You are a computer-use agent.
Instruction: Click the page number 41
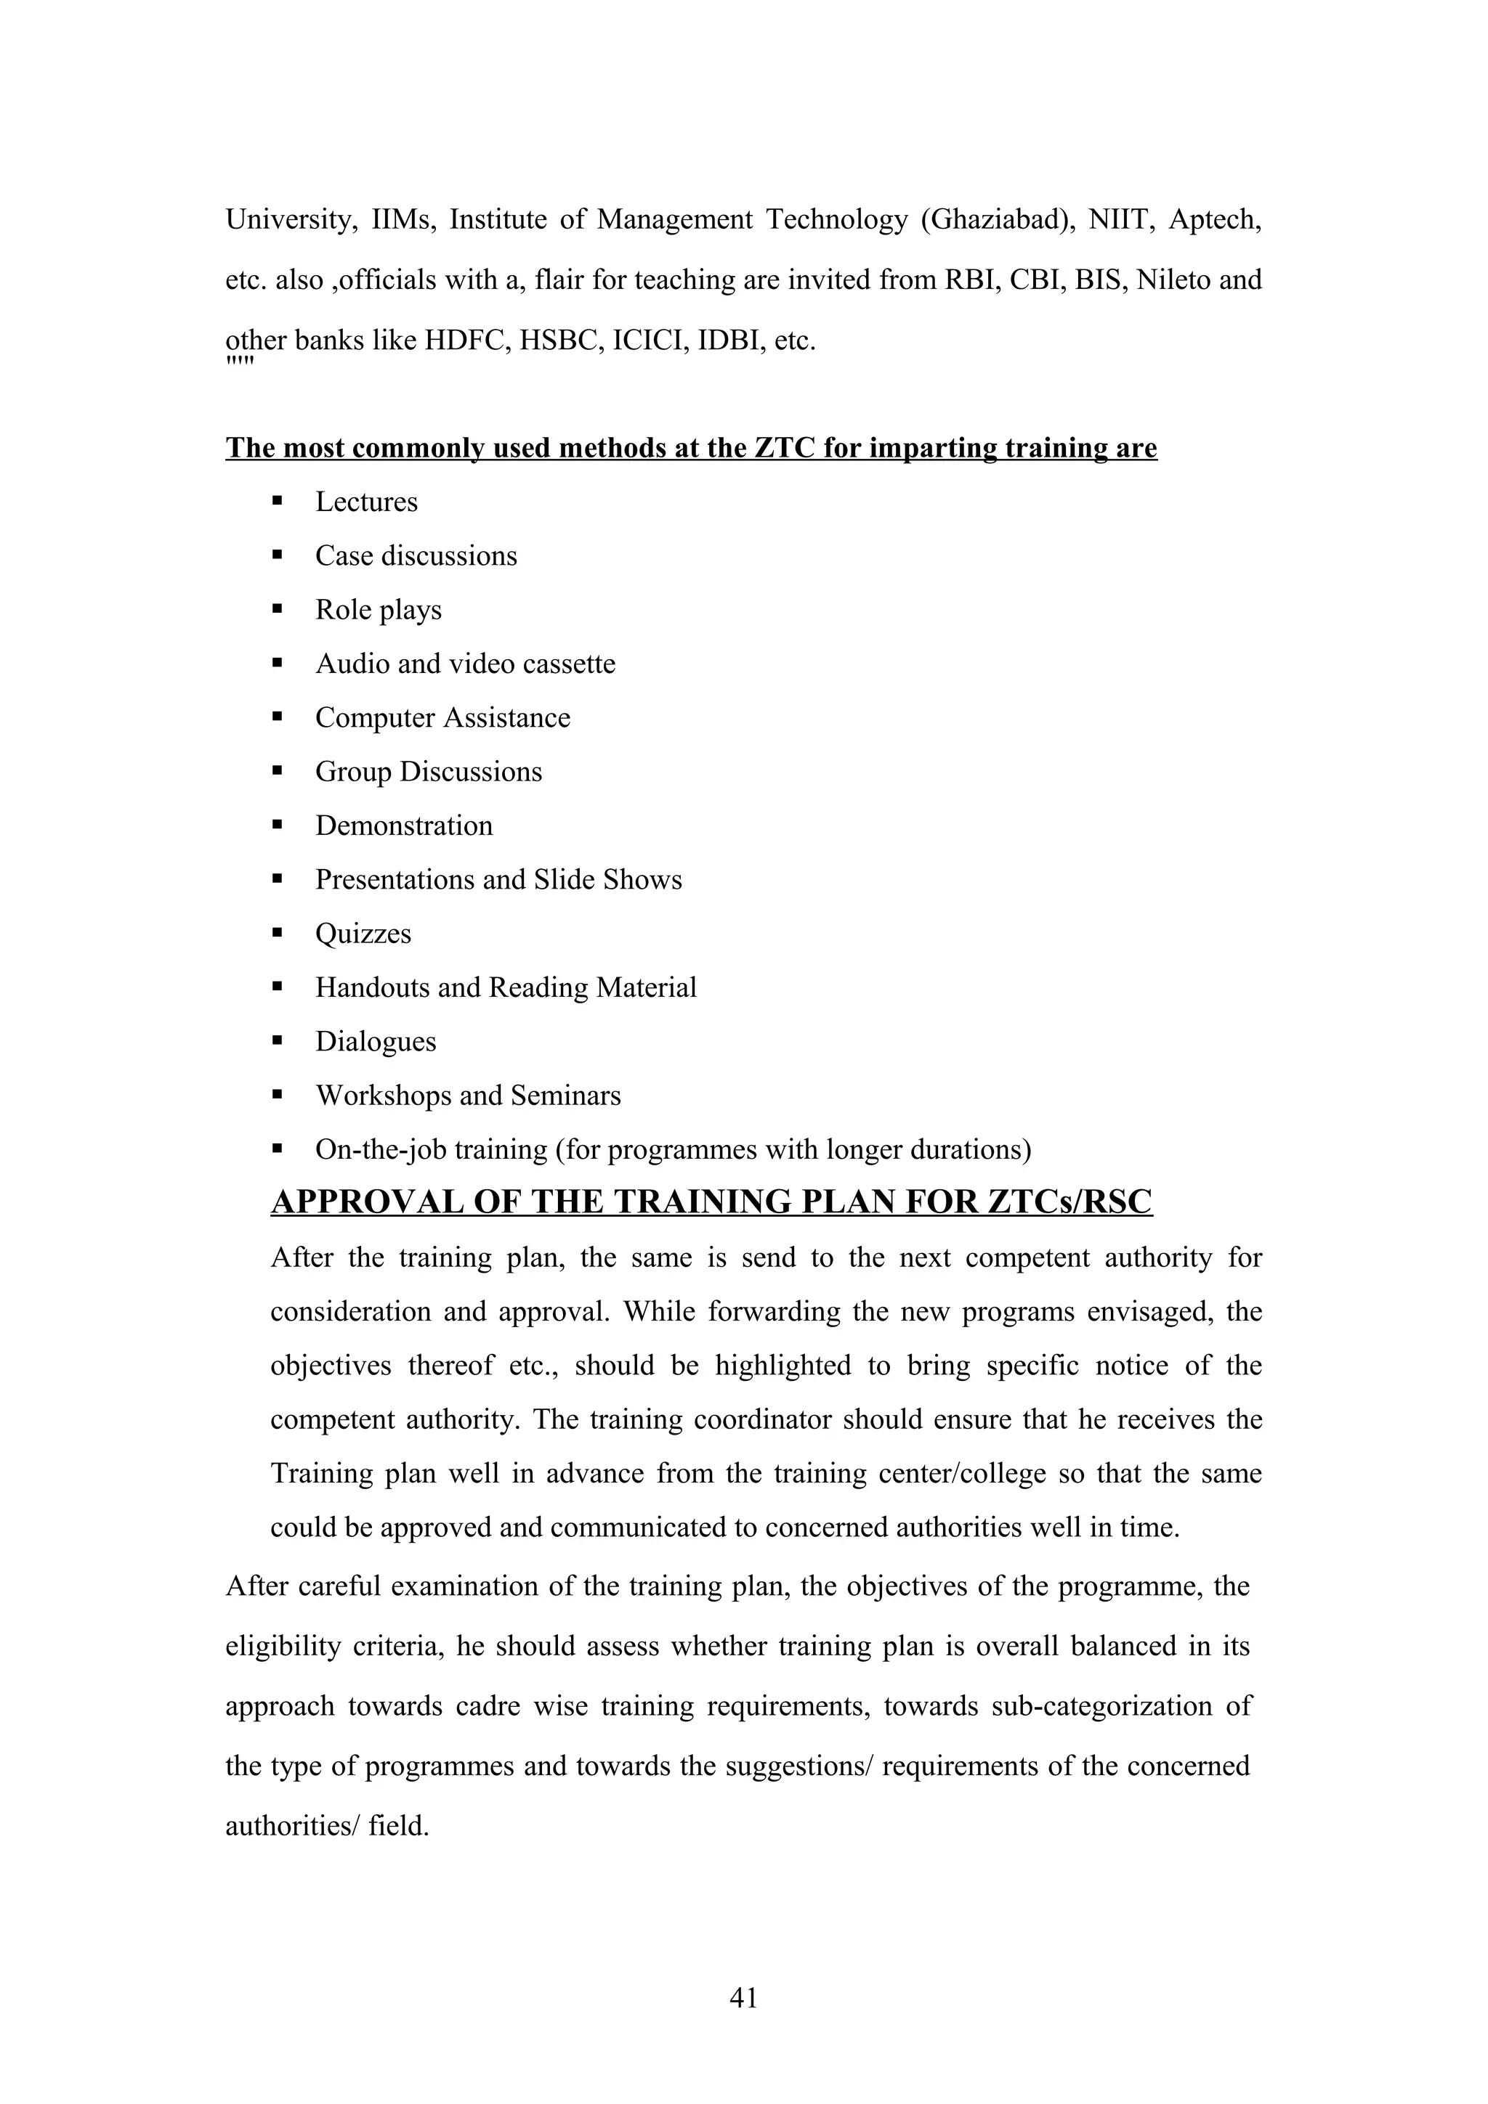[743, 1998]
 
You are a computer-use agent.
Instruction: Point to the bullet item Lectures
[365, 502]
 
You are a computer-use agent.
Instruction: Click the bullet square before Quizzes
[277, 933]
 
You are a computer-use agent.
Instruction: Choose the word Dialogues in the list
[375, 1042]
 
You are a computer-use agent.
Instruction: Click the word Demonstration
[403, 825]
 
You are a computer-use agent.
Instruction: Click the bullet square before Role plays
[277, 609]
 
